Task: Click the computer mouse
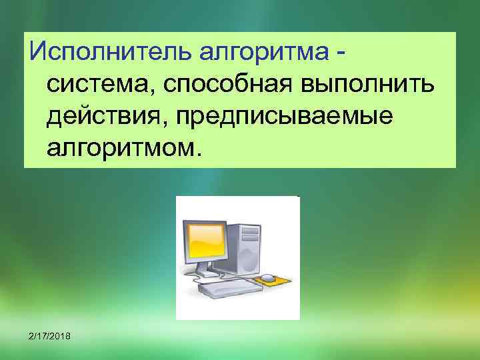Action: (x=267, y=277)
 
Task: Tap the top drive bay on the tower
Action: (x=249, y=229)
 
